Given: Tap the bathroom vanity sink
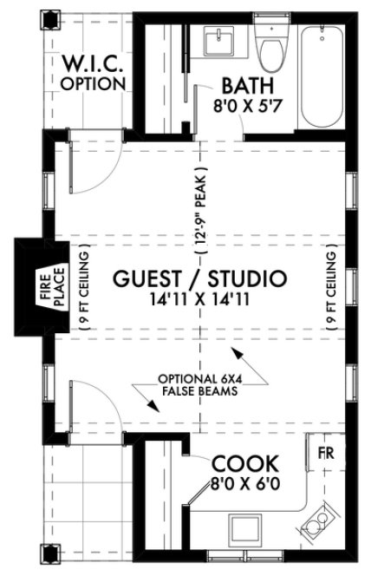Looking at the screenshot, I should coord(216,40).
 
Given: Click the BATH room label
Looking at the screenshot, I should coord(249,86).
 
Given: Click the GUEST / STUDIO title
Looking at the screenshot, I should coord(199,279).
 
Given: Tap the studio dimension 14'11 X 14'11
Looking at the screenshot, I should coord(199,300).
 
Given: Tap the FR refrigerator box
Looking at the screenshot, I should coord(326,454).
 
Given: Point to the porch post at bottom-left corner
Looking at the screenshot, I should coord(49,551).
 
